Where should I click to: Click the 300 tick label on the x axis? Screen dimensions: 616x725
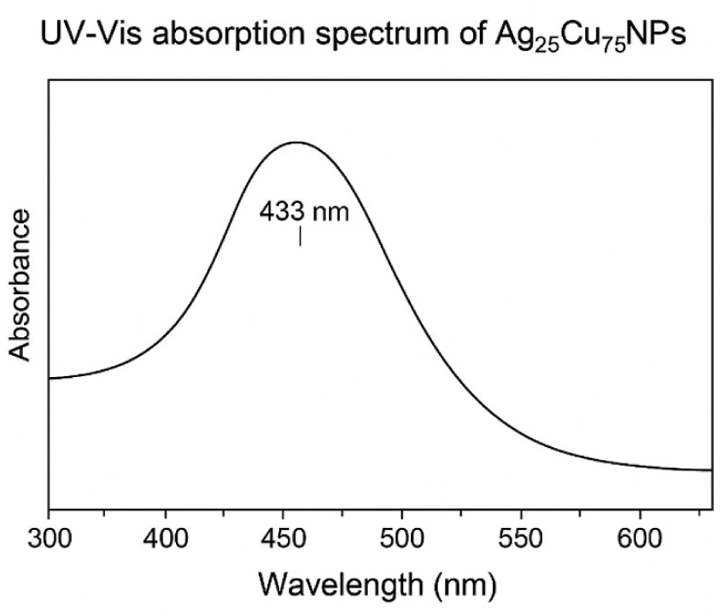(49, 541)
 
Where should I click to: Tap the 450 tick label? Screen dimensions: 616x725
(284, 541)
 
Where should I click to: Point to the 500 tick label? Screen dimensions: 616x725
(402, 541)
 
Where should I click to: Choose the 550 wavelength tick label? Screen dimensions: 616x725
(521, 541)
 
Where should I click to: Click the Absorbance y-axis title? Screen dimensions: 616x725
(20, 285)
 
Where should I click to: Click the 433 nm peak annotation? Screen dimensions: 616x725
(304, 211)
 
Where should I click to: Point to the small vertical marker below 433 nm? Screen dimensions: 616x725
(300, 235)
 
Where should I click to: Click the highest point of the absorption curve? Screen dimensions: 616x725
(296, 142)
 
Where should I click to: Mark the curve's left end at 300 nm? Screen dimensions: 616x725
(50, 377)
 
